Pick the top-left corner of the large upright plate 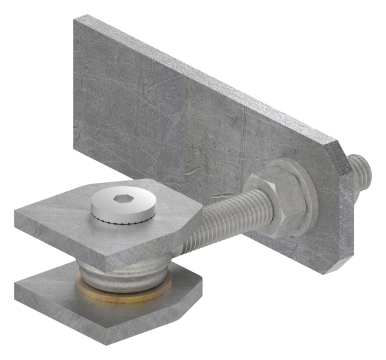point(75,19)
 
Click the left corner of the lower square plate point(16,278)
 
